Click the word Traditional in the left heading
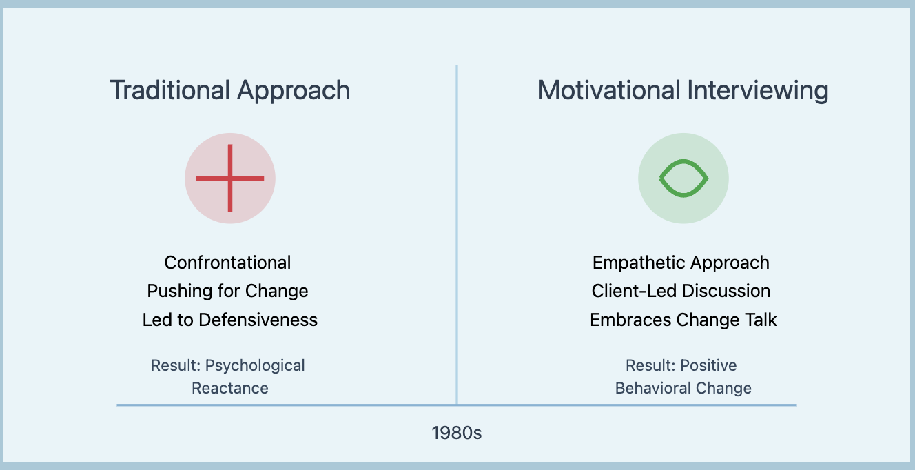170,90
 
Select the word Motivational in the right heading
608,90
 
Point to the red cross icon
230,178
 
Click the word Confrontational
227,263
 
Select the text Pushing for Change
227,292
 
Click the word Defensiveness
258,320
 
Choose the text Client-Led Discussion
681,291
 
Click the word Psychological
255,365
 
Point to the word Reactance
230,388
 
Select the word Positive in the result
708,365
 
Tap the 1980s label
457,433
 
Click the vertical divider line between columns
457,234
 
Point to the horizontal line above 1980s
457,405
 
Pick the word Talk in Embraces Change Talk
761,320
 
